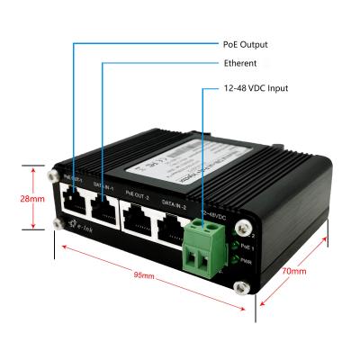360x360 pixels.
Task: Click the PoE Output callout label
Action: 245,43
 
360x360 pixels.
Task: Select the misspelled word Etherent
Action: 239,64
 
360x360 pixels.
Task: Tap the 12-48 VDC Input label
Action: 256,88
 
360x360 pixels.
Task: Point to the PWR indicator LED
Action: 235,261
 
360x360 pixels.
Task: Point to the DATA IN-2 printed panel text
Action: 174,204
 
